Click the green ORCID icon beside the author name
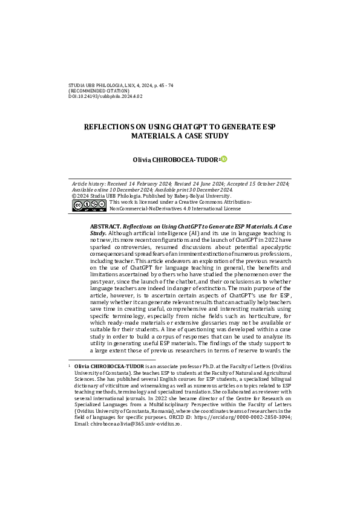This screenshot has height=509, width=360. click(x=224, y=158)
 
